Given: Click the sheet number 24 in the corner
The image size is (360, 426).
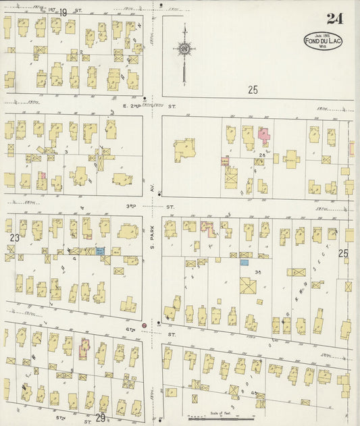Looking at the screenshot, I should click(x=334, y=18).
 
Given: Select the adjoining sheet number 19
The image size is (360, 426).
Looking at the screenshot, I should click(x=63, y=12).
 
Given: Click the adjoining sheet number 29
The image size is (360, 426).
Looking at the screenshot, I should click(x=101, y=419).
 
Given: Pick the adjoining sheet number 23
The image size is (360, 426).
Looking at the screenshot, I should click(x=14, y=238).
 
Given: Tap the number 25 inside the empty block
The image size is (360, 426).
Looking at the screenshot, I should click(x=253, y=89).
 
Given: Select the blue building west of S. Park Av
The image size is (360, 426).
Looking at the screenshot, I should click(x=101, y=250).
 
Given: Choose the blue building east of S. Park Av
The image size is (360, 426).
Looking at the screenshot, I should click(x=245, y=262).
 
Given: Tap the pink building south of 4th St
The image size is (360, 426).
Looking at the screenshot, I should click(x=84, y=348).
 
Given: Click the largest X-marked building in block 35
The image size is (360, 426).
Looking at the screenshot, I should click(x=248, y=285).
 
